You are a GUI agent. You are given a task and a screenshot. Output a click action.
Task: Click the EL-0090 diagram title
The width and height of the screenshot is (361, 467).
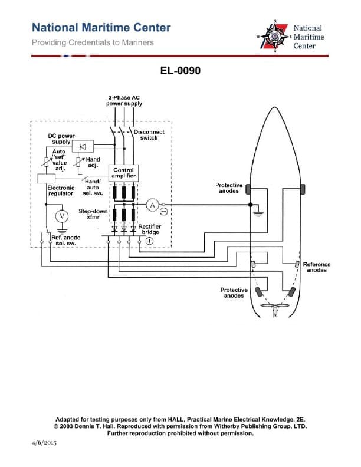pyautogui.click(x=180, y=71)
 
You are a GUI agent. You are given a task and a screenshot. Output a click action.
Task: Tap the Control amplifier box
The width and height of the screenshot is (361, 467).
pyautogui.click(x=124, y=173)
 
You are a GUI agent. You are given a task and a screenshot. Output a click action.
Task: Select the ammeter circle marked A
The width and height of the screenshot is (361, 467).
pyautogui.click(x=151, y=205)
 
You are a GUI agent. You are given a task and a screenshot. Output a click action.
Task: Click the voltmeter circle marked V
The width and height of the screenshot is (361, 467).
pyautogui.click(x=60, y=216)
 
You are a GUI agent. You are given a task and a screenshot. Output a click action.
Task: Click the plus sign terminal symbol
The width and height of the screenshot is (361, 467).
pyautogui.click(x=150, y=239)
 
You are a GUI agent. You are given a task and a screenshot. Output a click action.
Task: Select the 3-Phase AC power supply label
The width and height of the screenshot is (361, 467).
pyautogui.click(x=124, y=100)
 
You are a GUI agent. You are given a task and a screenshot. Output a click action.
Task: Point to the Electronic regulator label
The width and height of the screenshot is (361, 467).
pyautogui.click(x=60, y=190)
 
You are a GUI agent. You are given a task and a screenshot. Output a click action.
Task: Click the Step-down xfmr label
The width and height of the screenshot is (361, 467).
pyautogui.click(x=93, y=214)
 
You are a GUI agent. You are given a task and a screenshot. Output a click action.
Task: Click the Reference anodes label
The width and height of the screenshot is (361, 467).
pyautogui.click(x=317, y=267)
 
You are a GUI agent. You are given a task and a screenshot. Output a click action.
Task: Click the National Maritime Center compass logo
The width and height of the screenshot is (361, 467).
pyautogui.click(x=274, y=37)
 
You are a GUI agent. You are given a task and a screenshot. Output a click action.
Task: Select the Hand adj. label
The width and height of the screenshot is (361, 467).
pyautogui.click(x=93, y=162)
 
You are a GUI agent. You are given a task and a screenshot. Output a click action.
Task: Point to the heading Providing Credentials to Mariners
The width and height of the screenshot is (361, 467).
pyautogui.click(x=92, y=42)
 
